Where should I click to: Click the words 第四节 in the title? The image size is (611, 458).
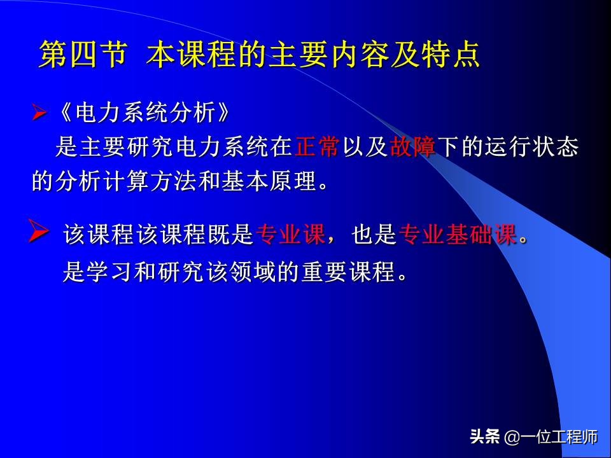[82, 55]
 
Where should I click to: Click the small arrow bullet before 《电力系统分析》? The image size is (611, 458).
[39, 115]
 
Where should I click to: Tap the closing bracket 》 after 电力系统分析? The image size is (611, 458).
[219, 115]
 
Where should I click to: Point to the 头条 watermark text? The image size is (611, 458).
[484, 437]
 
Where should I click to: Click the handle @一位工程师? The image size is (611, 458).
[551, 437]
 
